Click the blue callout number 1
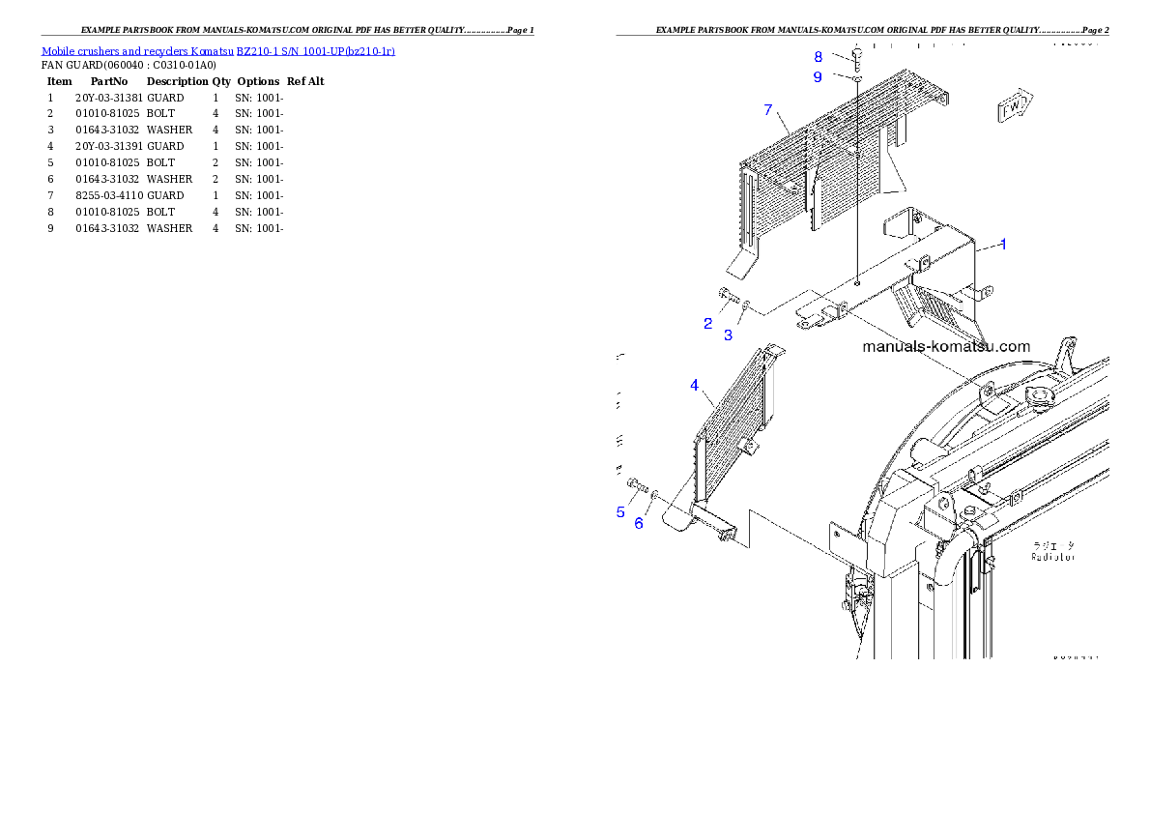coord(1003,245)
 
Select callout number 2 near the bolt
coord(708,324)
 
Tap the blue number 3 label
coord(729,335)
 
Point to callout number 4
coord(694,386)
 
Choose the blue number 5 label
coord(620,512)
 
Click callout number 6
coord(639,524)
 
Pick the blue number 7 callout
coord(768,110)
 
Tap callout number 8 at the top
coord(818,57)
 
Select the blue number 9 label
coord(818,77)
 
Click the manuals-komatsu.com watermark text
coord(946,346)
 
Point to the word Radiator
coord(1052,558)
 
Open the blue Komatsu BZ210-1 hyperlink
coord(217,51)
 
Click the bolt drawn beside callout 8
coord(856,54)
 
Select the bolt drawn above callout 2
coord(727,295)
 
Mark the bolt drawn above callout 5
coord(635,483)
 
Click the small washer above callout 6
coord(655,495)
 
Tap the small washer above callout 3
coord(746,305)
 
